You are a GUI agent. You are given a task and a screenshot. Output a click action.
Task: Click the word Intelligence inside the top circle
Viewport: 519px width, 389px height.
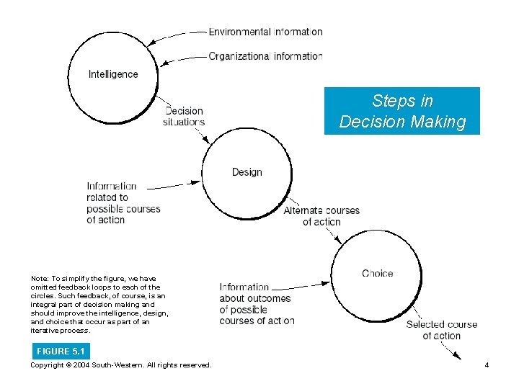pos(113,73)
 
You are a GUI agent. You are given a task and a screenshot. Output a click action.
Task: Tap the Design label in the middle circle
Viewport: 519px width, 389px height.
pos(247,172)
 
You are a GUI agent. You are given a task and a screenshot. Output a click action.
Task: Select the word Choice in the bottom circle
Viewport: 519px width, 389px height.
pos(378,273)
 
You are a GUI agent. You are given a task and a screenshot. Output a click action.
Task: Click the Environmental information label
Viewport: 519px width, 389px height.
pos(265,32)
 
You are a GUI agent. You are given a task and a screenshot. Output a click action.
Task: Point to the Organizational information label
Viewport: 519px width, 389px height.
pos(265,56)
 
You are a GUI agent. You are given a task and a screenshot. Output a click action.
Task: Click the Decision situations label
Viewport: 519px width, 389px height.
pos(185,117)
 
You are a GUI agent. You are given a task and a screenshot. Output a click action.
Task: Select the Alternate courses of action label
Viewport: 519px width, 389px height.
pos(321,216)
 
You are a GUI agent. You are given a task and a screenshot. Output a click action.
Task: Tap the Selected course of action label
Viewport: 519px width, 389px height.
pos(441,330)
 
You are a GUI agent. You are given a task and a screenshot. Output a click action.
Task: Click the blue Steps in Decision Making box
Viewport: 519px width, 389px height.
pos(402,111)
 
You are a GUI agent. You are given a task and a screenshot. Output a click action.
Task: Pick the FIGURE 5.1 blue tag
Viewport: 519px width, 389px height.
pos(61,352)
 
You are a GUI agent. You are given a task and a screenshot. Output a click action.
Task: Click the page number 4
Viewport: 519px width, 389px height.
pos(487,365)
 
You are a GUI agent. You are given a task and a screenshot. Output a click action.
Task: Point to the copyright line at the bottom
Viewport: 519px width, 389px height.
pos(121,365)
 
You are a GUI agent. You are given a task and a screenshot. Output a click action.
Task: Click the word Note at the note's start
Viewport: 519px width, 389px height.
pos(39,278)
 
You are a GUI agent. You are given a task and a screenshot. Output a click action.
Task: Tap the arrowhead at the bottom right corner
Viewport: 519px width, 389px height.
pos(457,354)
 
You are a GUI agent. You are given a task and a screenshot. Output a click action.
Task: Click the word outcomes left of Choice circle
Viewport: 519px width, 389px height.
pos(268,298)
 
